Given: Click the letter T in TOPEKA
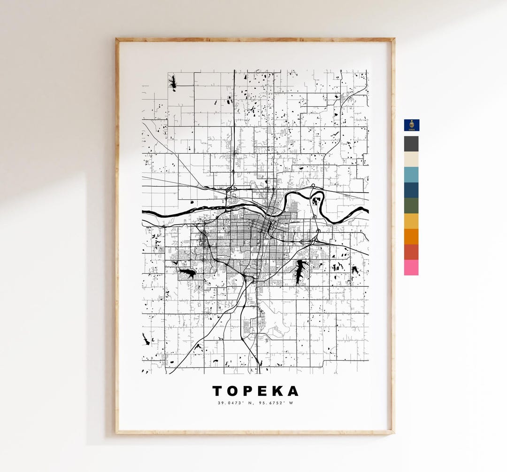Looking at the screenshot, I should [x=218, y=391].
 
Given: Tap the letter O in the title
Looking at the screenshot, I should [x=234, y=391].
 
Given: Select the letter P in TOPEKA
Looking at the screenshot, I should [x=249, y=391].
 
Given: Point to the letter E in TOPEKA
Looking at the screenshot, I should [x=264, y=391].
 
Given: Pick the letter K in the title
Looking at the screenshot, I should [x=278, y=391].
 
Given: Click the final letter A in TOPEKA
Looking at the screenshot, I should [x=293, y=391].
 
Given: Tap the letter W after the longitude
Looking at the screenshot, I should [x=291, y=403].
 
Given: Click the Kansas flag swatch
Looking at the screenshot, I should [x=412, y=125].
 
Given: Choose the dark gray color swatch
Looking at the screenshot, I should [x=411, y=144].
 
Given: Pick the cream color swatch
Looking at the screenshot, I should [x=411, y=159].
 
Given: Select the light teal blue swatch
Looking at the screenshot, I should [x=411, y=175].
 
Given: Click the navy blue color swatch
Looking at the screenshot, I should [x=411, y=190].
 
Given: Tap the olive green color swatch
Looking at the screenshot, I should [x=411, y=206].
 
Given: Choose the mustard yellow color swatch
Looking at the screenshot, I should [x=411, y=221].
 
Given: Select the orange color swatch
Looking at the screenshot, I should [x=411, y=236].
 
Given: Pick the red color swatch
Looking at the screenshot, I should [x=411, y=252].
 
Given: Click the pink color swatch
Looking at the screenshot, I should [x=411, y=267].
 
